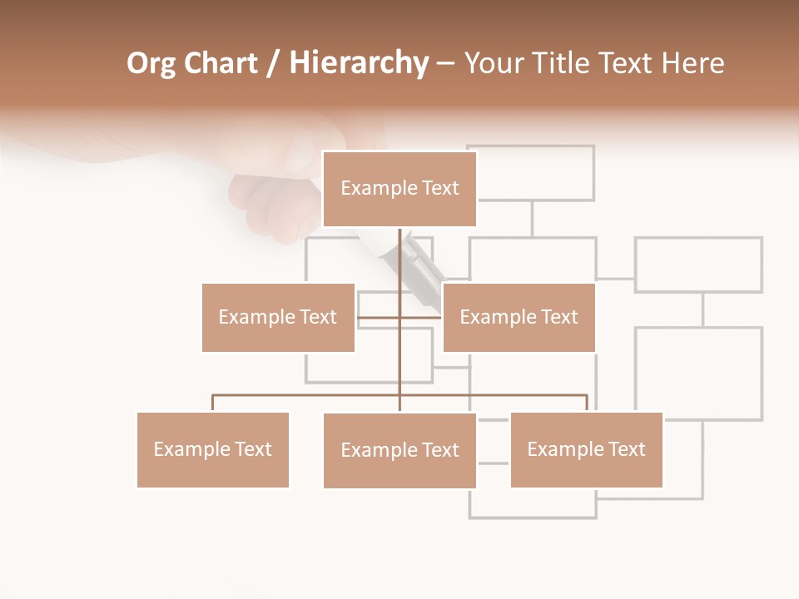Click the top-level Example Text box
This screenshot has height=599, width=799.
pos(399,189)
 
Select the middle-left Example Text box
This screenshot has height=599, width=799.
pos(278,317)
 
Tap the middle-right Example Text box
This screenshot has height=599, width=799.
pos(519,317)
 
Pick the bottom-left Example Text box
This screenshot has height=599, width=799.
pos(213,449)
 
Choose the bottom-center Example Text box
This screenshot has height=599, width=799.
pos(399,450)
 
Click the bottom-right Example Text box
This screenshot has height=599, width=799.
pos(586,449)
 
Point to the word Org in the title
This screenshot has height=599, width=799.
pos(151,63)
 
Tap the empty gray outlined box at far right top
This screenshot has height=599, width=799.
pos(698,265)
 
